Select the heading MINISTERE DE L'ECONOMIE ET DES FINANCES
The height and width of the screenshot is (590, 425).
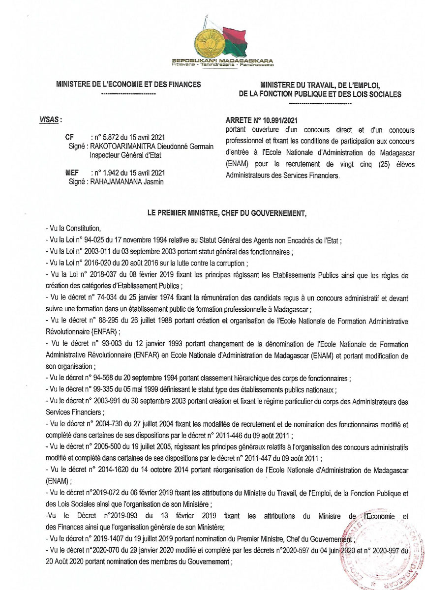coord(128,84)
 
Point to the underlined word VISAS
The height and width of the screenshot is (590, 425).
coord(50,119)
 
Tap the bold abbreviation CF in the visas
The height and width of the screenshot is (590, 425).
coord(69,138)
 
